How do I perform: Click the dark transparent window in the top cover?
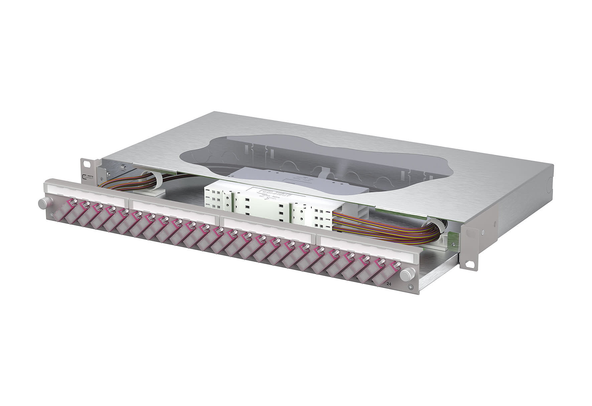[x=301, y=157]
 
